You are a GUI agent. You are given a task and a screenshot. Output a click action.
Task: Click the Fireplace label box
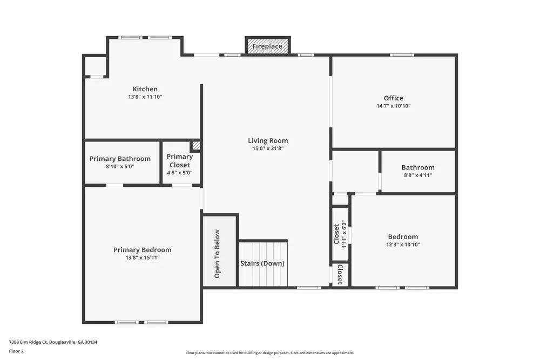(x=267, y=46)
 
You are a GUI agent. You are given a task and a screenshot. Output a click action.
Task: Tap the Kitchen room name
(x=145, y=89)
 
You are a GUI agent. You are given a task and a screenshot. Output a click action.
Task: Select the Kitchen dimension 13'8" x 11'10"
(x=145, y=97)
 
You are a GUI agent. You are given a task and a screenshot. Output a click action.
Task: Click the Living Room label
(x=268, y=141)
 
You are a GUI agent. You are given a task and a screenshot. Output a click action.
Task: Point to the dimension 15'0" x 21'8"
(x=268, y=148)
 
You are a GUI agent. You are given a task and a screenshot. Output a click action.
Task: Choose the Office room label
(x=393, y=98)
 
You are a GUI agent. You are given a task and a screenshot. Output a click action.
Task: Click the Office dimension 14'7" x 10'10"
(x=393, y=106)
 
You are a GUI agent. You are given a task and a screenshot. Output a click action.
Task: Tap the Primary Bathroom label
(x=120, y=159)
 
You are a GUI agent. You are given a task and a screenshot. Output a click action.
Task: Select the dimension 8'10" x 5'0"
(x=120, y=167)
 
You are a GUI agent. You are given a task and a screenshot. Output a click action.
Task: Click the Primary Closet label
(x=180, y=161)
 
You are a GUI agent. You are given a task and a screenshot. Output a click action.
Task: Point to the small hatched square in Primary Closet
(x=196, y=146)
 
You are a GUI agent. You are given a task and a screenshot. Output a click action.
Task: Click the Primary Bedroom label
(x=143, y=250)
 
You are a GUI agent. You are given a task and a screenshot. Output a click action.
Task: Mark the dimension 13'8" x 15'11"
(x=143, y=258)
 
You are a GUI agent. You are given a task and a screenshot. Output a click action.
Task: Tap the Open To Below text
(x=217, y=254)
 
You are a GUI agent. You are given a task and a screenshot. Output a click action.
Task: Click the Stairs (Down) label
(x=262, y=264)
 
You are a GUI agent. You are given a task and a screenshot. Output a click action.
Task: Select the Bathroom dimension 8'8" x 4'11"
(x=418, y=175)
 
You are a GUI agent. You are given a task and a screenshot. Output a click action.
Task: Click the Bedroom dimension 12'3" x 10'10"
(x=403, y=244)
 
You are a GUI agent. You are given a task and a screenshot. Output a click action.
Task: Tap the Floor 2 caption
(x=16, y=351)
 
